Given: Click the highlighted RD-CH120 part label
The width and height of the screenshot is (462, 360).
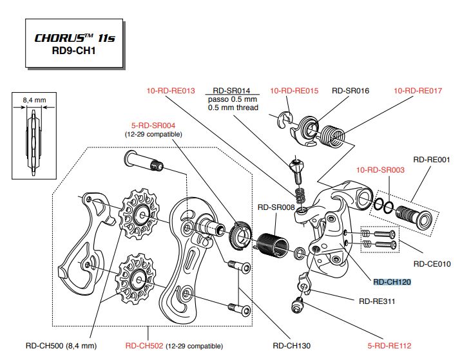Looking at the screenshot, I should click(x=392, y=281).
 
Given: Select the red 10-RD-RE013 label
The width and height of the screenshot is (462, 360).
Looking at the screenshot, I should click(x=170, y=91).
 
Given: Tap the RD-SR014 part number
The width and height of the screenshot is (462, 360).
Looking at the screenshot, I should click(x=232, y=91).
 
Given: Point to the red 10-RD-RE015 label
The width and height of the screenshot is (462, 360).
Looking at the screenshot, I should click(x=294, y=91).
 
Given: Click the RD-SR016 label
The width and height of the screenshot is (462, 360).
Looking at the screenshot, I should click(x=351, y=91).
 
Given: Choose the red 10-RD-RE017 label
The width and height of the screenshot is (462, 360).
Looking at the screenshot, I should click(x=418, y=91).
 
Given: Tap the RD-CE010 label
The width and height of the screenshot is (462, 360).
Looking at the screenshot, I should click(x=432, y=263).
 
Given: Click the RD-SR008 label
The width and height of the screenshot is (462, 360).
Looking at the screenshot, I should click(x=275, y=207).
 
